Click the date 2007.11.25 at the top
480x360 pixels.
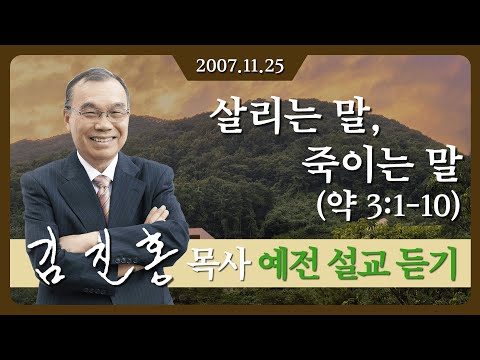click(x=240, y=67)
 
